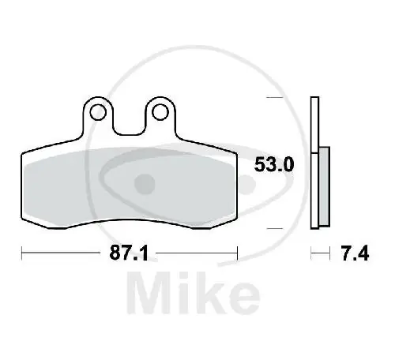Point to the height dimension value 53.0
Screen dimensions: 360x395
pyautogui.click(x=273, y=165)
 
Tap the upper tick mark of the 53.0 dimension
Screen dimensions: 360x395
pyautogui.click(x=274, y=98)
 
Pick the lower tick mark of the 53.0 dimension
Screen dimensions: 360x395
pyautogui.click(x=274, y=228)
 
